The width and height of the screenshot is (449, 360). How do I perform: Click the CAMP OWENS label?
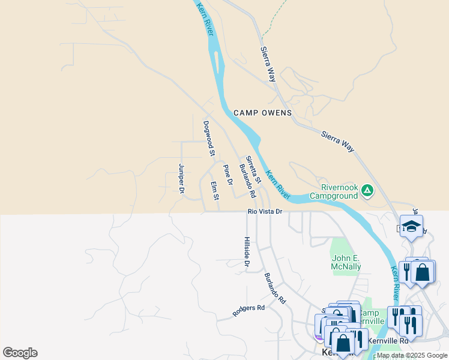[262, 113]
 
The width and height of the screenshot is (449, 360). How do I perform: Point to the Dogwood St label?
[208, 139]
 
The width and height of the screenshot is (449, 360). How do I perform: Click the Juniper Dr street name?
[181, 179]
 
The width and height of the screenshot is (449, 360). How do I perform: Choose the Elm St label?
[214, 191]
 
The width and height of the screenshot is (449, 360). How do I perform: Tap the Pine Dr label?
[228, 174]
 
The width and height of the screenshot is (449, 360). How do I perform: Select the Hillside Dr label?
[247, 252]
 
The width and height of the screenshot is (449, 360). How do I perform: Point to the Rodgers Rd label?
[249, 310]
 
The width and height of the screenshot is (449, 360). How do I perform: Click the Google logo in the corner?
[20, 353]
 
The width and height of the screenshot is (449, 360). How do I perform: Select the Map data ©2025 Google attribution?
[412, 355]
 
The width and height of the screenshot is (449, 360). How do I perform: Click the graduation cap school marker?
[411, 226]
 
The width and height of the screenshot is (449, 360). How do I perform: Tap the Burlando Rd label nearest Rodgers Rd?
[274, 288]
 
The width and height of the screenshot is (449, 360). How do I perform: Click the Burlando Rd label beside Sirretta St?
[247, 181]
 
